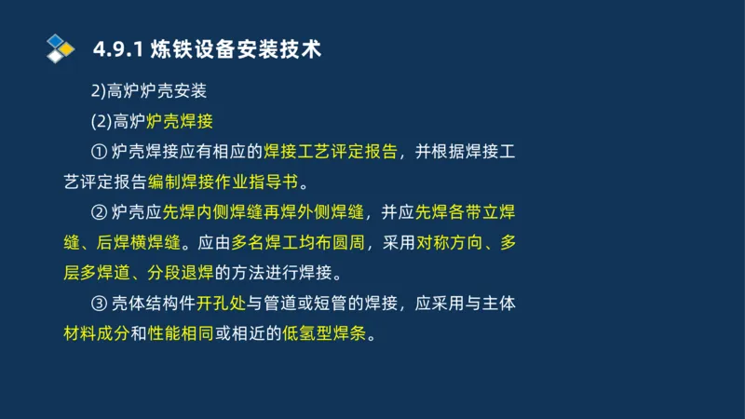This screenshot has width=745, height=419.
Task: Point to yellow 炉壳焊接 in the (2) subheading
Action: pos(179,121)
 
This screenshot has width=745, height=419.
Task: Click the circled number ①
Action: pos(101,152)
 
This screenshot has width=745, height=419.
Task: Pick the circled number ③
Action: pos(101,304)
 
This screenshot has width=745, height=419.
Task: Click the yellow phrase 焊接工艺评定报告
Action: pos(331,152)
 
